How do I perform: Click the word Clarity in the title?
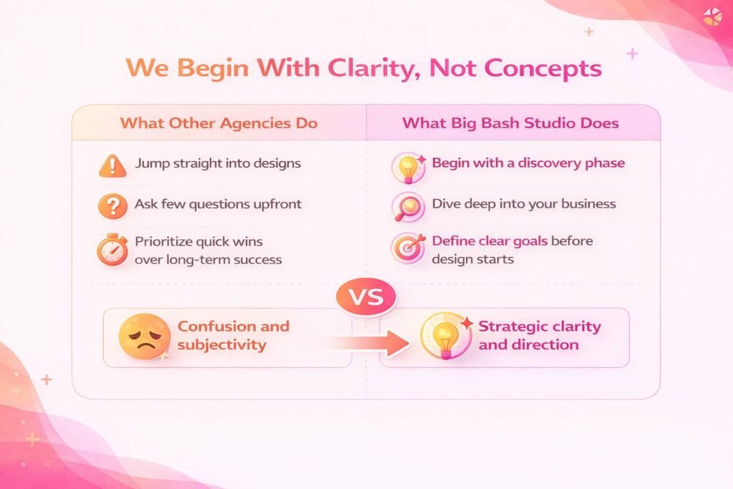pyautogui.click(x=368, y=68)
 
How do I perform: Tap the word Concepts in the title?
pyautogui.click(x=543, y=68)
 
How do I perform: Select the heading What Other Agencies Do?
pyautogui.click(x=218, y=122)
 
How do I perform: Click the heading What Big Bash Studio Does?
pyautogui.click(x=510, y=122)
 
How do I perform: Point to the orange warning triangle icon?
pyautogui.click(x=112, y=165)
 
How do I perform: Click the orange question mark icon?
pyautogui.click(x=112, y=206)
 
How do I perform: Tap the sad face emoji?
pyautogui.click(x=144, y=335)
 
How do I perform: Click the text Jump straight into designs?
pyautogui.click(x=218, y=163)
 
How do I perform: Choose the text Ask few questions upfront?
pyautogui.click(x=218, y=204)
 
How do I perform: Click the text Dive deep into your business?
pyautogui.click(x=523, y=204)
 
